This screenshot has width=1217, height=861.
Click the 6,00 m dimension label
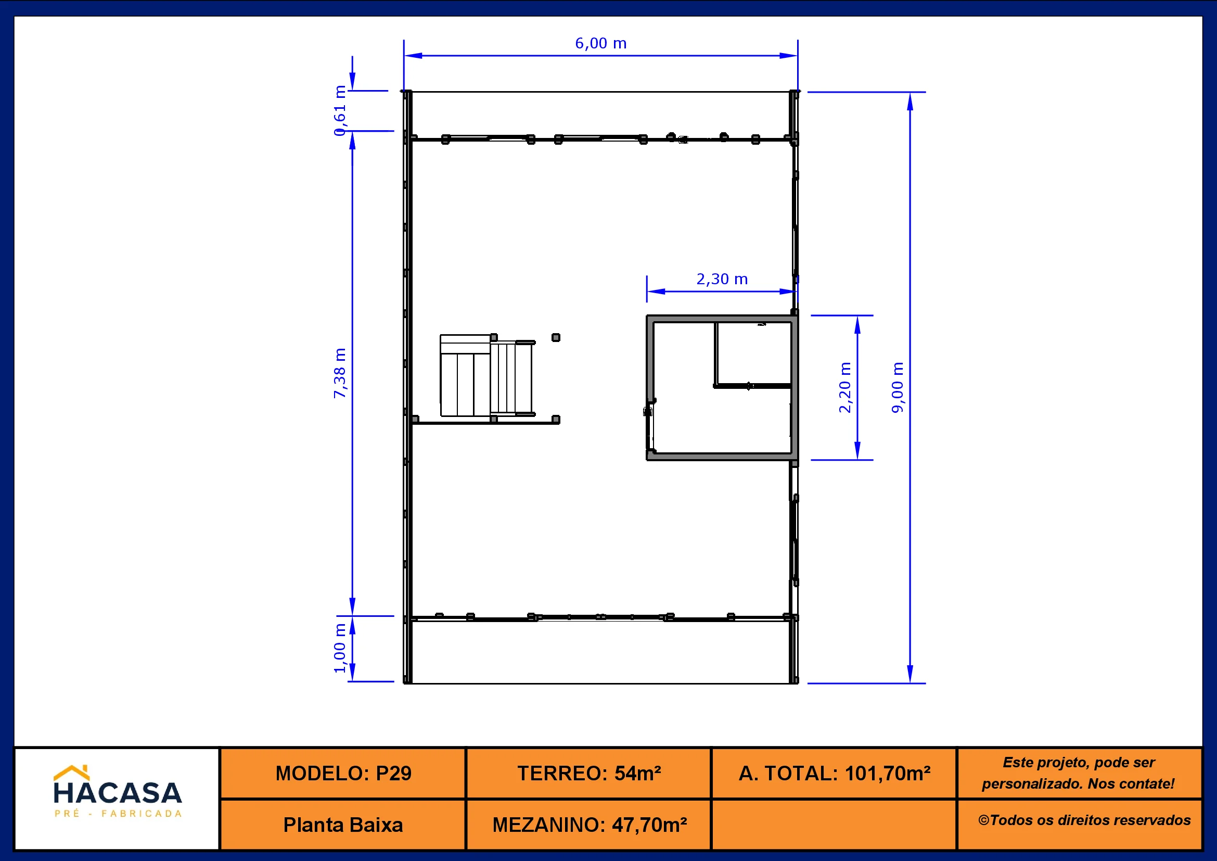click(x=600, y=44)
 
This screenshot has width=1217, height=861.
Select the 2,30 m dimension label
click(x=722, y=279)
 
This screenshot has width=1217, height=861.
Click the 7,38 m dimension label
click(x=340, y=373)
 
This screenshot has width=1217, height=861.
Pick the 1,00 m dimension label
click(x=340, y=648)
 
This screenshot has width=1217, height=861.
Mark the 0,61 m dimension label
click(x=340, y=110)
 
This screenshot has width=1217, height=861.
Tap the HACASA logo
click(x=118, y=792)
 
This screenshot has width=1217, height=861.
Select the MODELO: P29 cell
click(x=343, y=773)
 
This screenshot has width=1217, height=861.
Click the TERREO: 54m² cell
click(x=589, y=773)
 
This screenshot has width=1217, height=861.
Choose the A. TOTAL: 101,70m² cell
click(x=834, y=773)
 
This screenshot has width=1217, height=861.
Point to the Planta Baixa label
click(x=343, y=825)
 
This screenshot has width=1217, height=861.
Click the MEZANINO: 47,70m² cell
click(x=589, y=825)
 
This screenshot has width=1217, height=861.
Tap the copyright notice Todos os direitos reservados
click(x=1084, y=820)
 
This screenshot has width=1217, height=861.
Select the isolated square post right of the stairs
click(x=556, y=337)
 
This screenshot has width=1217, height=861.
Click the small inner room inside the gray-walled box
click(x=754, y=353)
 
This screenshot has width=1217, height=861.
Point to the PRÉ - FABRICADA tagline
click(x=118, y=813)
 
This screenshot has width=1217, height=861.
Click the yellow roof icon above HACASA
click(x=72, y=772)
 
